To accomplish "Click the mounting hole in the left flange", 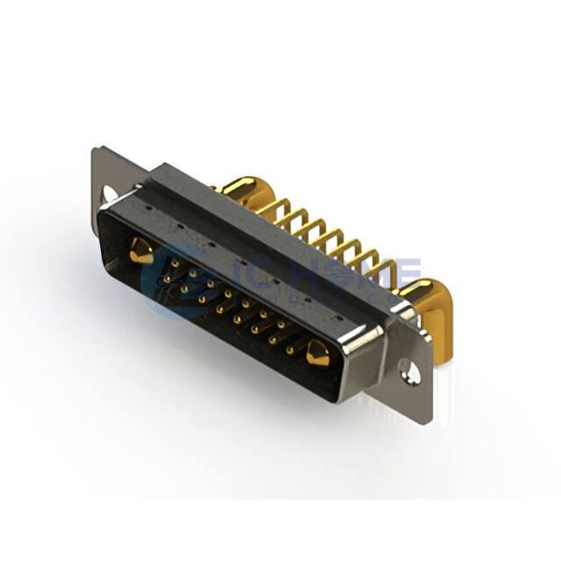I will tap(108, 194).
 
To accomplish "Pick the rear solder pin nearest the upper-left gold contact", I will tap(278, 211).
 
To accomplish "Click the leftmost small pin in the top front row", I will tap(175, 265).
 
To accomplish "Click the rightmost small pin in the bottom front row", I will tap(290, 352).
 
